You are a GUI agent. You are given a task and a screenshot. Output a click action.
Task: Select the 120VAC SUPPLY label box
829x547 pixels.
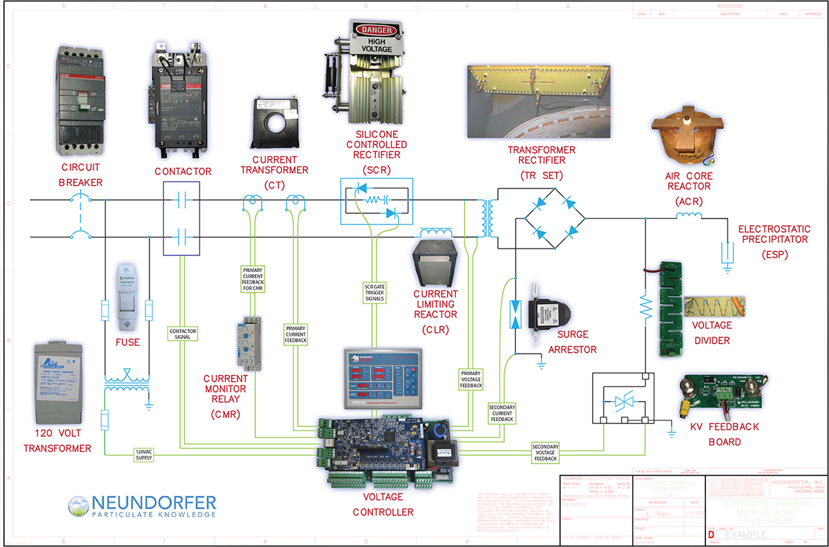(144, 454)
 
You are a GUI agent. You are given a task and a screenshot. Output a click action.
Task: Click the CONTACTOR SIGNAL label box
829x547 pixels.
(183, 334)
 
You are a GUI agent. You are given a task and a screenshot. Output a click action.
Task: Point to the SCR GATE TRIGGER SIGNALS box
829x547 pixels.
(374, 293)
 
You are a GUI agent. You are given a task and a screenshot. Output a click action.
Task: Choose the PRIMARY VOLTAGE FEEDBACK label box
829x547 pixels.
(470, 379)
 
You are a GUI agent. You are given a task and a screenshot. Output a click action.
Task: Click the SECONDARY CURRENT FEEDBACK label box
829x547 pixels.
(502, 412)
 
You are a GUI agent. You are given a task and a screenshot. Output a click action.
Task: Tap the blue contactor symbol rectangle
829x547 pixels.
(181, 218)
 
